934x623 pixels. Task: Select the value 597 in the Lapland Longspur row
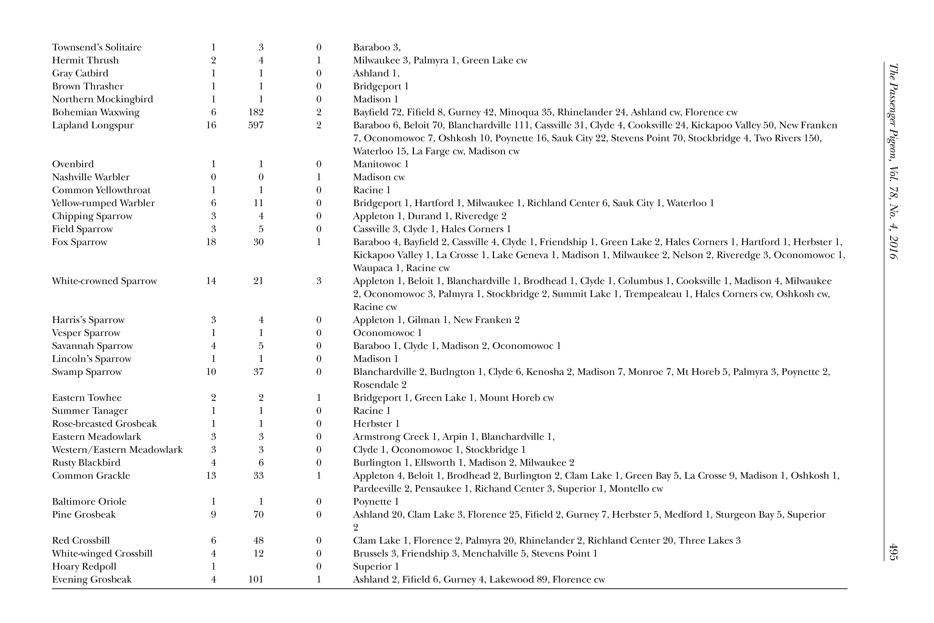coord(256,125)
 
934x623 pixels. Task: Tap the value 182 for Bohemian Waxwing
coord(256,112)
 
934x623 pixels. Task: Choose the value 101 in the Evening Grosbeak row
coord(256,579)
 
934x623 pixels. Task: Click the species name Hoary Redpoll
coord(84,567)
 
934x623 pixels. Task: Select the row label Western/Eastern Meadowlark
coord(117,450)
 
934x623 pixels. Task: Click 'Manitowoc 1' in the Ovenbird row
coord(380,164)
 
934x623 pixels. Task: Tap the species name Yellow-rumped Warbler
coord(103,203)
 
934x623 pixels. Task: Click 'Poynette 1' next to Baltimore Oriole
coord(376,501)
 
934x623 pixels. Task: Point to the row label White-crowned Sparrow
coord(104,281)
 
